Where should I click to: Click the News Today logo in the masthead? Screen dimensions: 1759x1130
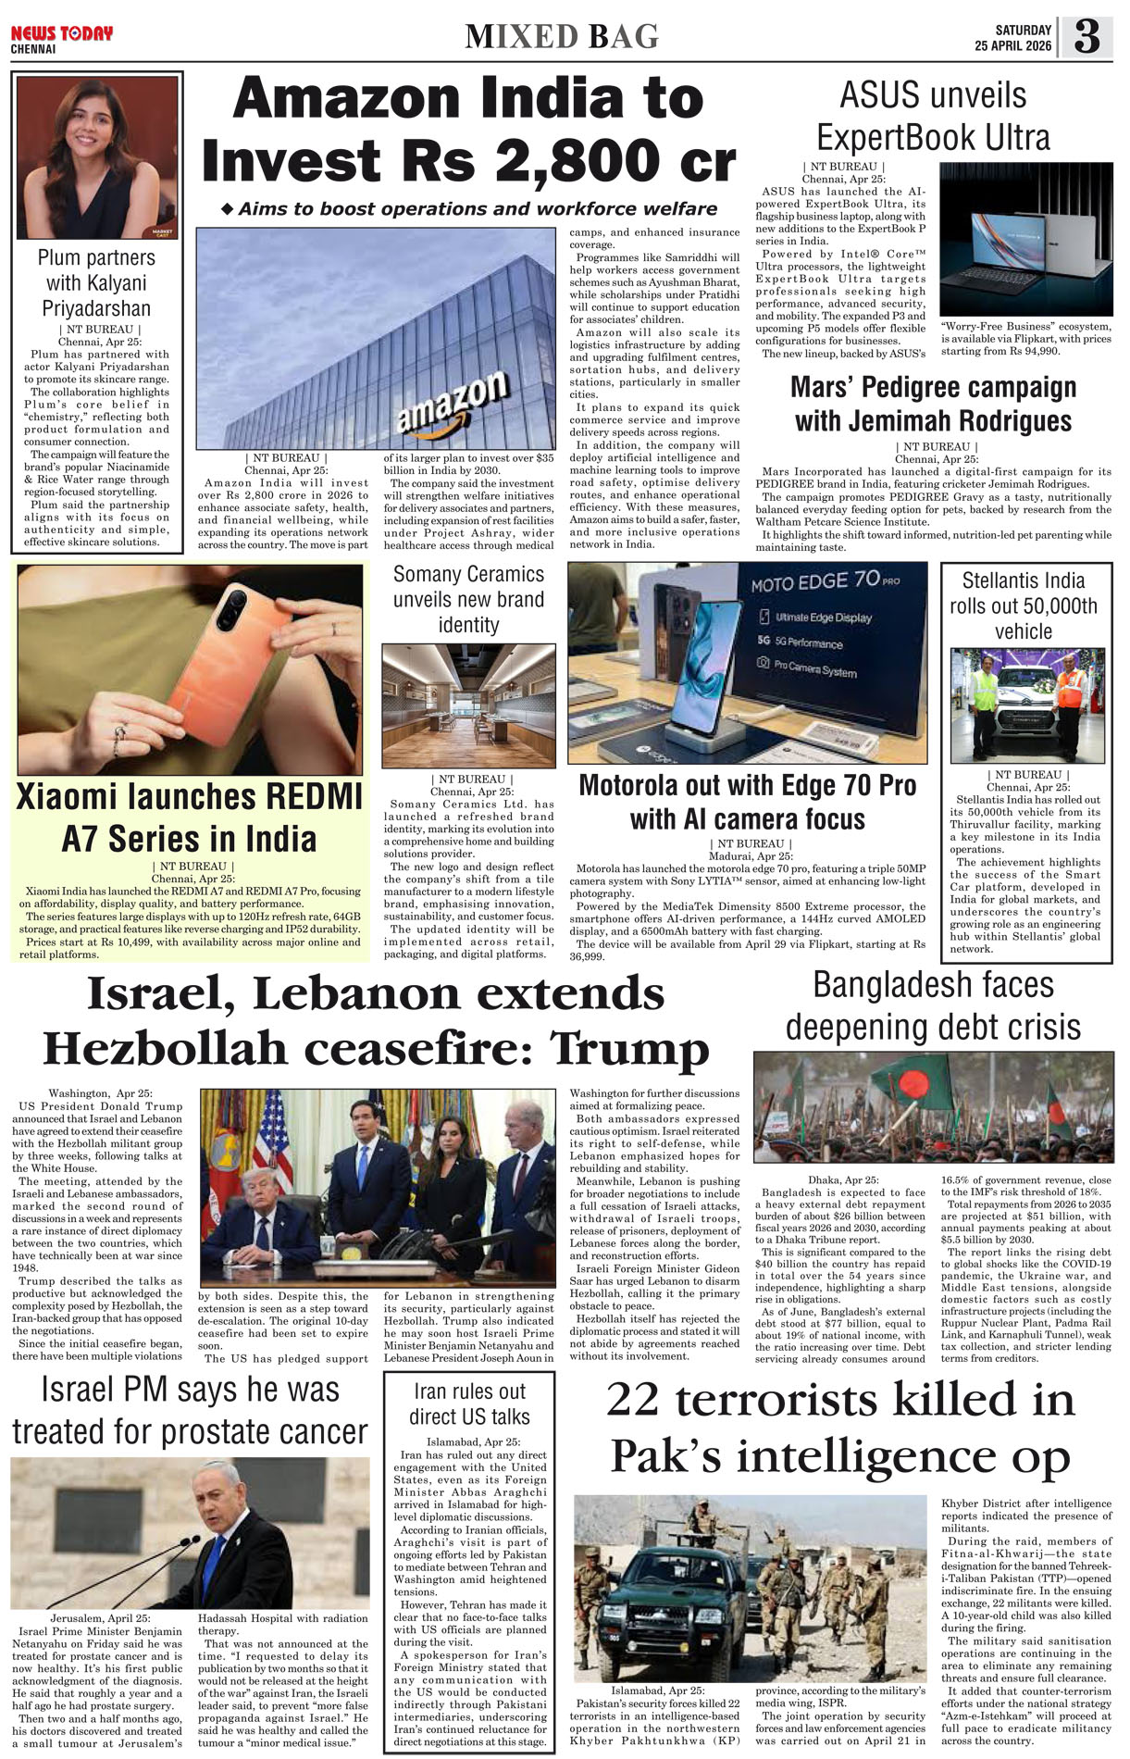(x=61, y=34)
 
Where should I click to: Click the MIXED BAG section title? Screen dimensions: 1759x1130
(x=562, y=37)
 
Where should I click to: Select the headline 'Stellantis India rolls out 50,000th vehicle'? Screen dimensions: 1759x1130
(x=1023, y=605)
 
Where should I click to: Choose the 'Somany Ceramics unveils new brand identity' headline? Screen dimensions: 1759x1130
(x=468, y=599)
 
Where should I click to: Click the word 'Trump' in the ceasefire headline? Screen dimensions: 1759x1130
(x=629, y=1049)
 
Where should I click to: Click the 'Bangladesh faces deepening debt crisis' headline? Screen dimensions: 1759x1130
(x=933, y=1005)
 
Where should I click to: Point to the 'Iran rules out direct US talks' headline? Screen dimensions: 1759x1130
(x=469, y=1403)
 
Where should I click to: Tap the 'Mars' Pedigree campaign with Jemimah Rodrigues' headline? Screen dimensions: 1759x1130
(x=933, y=404)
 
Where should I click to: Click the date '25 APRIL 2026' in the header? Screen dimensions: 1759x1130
(x=1012, y=46)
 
